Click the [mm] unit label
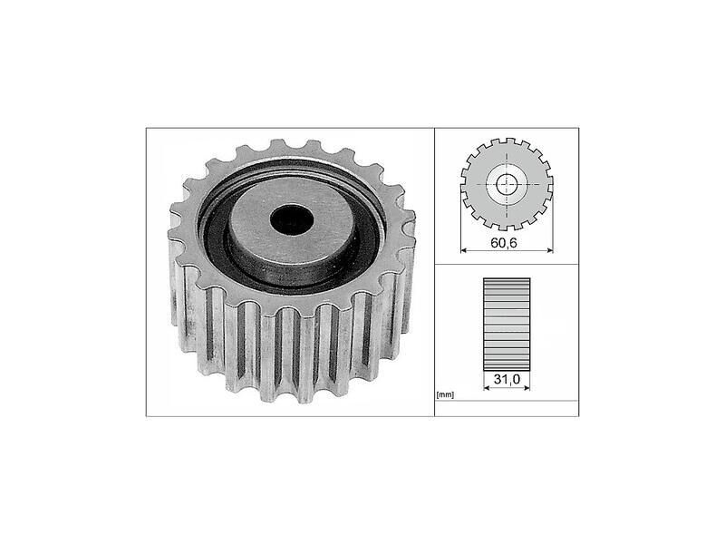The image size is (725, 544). [x=445, y=394]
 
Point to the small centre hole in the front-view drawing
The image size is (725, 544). [x=507, y=184]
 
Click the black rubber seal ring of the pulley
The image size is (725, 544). [x=217, y=245]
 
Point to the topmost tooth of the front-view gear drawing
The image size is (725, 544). [x=507, y=142]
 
